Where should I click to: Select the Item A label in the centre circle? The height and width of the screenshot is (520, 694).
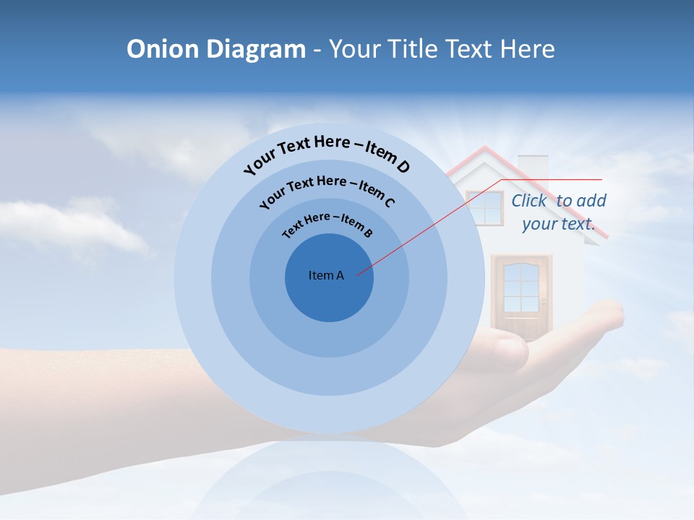[x=326, y=275]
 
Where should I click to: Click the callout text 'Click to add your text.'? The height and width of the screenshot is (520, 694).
[x=559, y=212]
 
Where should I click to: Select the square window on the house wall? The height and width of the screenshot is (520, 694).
[x=484, y=208]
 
